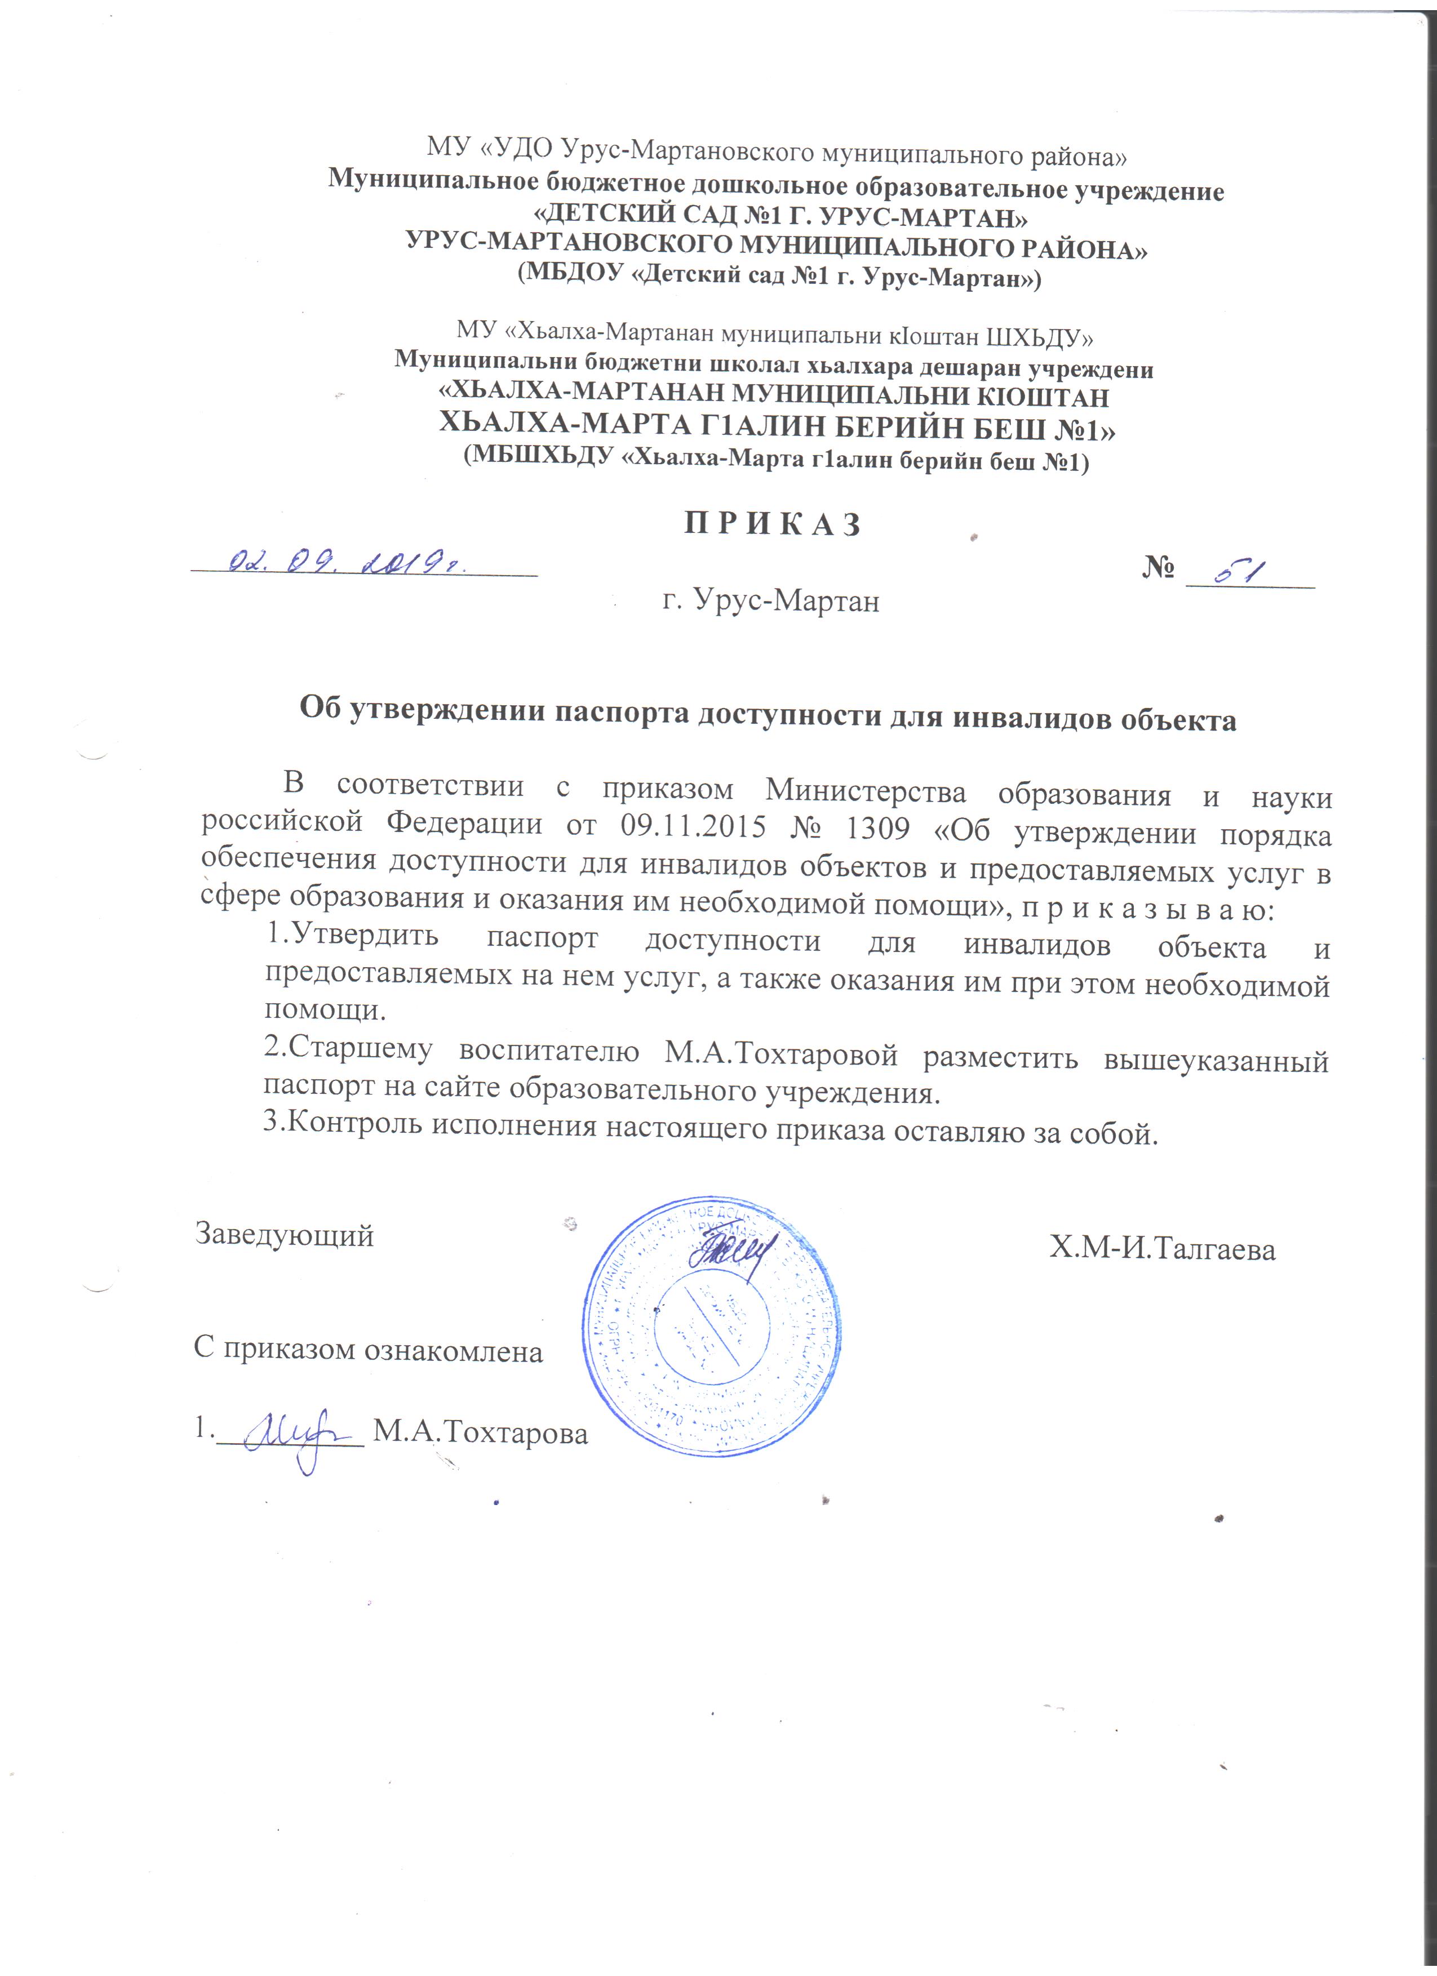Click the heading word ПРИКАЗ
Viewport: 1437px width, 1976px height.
coord(772,524)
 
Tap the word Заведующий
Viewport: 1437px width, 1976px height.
coord(285,1235)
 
